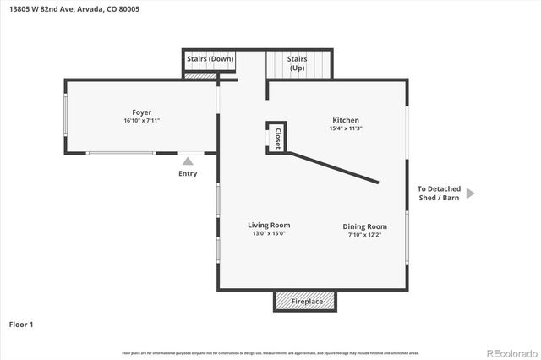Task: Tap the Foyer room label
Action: click(x=141, y=112)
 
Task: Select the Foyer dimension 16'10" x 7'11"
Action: click(x=141, y=121)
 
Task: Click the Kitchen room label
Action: click(x=345, y=120)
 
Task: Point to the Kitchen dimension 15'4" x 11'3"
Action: click(x=345, y=128)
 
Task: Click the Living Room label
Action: click(x=269, y=225)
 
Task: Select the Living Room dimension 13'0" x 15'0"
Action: click(x=269, y=233)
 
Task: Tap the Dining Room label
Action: click(x=364, y=226)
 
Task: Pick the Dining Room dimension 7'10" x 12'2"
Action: click(x=364, y=234)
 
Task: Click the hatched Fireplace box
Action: click(x=305, y=302)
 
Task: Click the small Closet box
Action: click(x=276, y=138)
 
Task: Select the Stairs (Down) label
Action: click(x=210, y=59)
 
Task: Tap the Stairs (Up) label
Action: click(x=297, y=63)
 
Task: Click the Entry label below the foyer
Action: click(x=188, y=174)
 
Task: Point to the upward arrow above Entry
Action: click(x=188, y=161)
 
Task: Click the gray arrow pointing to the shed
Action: click(x=471, y=194)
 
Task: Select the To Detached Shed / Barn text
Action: click(x=439, y=194)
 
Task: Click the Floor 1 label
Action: click(x=21, y=324)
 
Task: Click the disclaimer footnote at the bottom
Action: click(x=270, y=352)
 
